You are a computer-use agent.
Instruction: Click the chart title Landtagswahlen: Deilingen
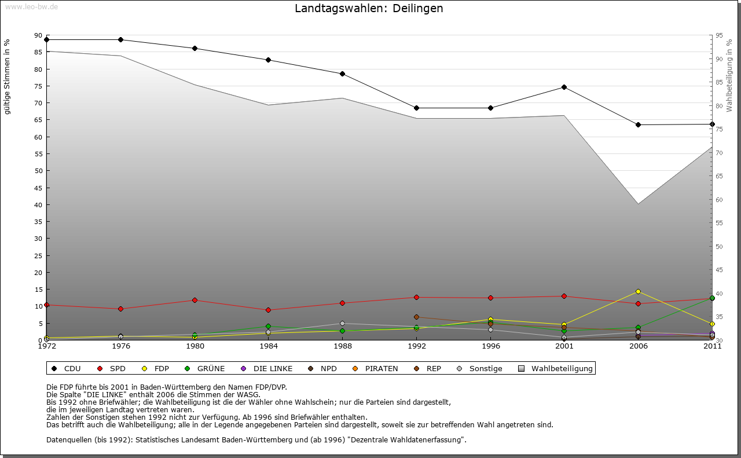click(369, 9)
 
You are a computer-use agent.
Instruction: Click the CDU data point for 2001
click(564, 87)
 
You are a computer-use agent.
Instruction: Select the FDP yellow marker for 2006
click(638, 291)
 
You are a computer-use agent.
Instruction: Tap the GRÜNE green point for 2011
click(712, 298)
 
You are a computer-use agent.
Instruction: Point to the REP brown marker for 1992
click(416, 317)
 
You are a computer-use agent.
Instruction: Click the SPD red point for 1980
click(195, 300)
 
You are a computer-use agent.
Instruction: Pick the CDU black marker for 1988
click(343, 74)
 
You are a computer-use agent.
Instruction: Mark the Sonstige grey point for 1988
click(343, 324)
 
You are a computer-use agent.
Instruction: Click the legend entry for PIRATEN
click(381, 368)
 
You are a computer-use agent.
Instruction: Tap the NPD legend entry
click(328, 368)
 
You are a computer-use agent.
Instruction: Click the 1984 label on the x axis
click(269, 346)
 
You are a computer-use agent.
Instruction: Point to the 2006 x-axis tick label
click(638, 346)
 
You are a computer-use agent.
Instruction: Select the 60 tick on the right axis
click(719, 200)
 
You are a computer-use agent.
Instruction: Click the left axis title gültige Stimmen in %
click(8, 77)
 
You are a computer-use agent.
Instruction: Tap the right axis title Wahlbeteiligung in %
click(729, 75)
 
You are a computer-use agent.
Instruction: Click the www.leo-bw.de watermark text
click(31, 6)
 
